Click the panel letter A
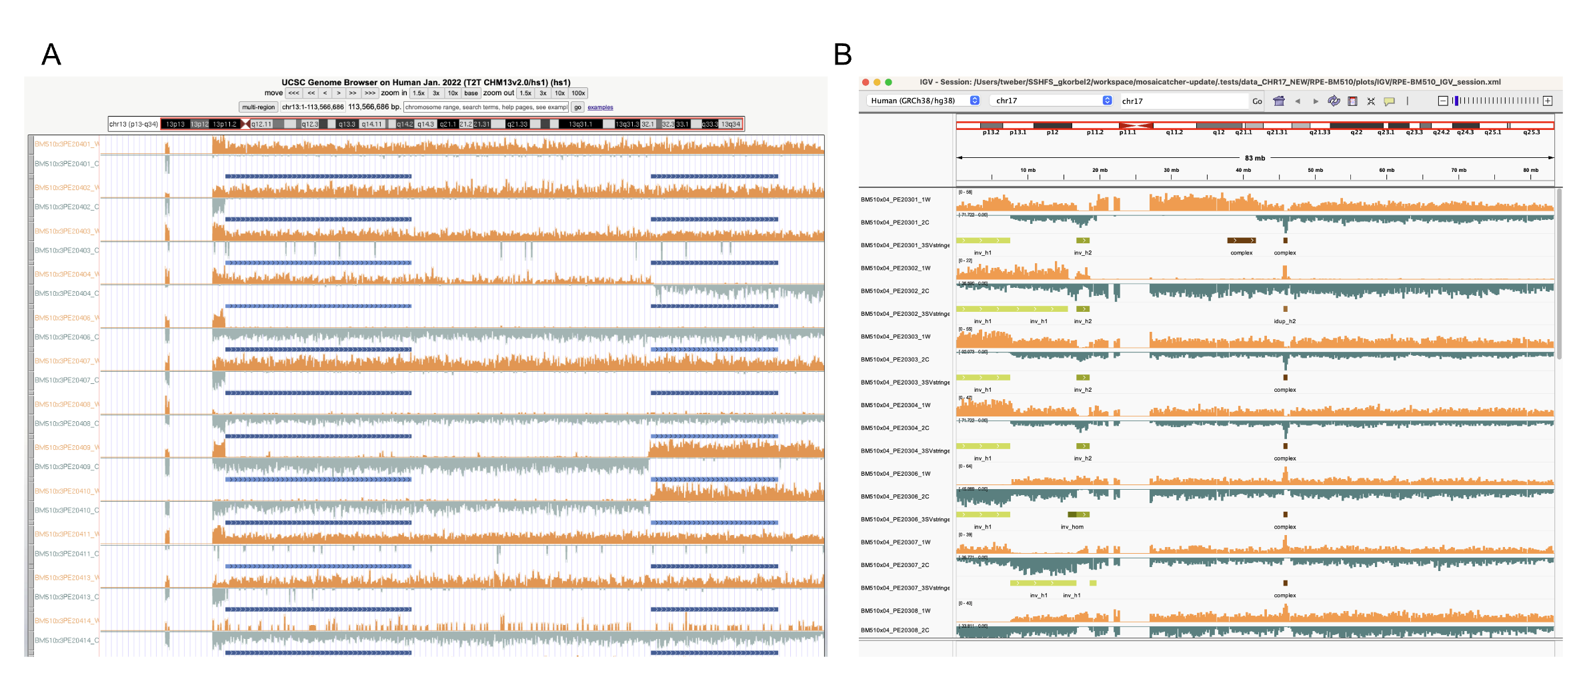(x=51, y=55)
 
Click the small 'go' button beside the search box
(x=577, y=107)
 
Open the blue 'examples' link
(x=600, y=107)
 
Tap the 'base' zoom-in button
(x=471, y=93)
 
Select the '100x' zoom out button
(x=578, y=93)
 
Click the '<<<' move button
(x=293, y=93)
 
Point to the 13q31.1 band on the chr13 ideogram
(x=580, y=124)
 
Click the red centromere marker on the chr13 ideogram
(x=245, y=124)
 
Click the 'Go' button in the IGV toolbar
(x=1257, y=101)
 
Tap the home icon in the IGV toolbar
(x=1278, y=101)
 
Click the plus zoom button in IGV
(x=1548, y=101)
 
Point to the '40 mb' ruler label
(x=1243, y=171)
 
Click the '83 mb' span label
(x=1254, y=158)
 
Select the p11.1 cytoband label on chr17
(x=1128, y=133)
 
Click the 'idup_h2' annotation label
(x=1284, y=321)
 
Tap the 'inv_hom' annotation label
(x=1072, y=527)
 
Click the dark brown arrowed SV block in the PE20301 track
(x=1241, y=241)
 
